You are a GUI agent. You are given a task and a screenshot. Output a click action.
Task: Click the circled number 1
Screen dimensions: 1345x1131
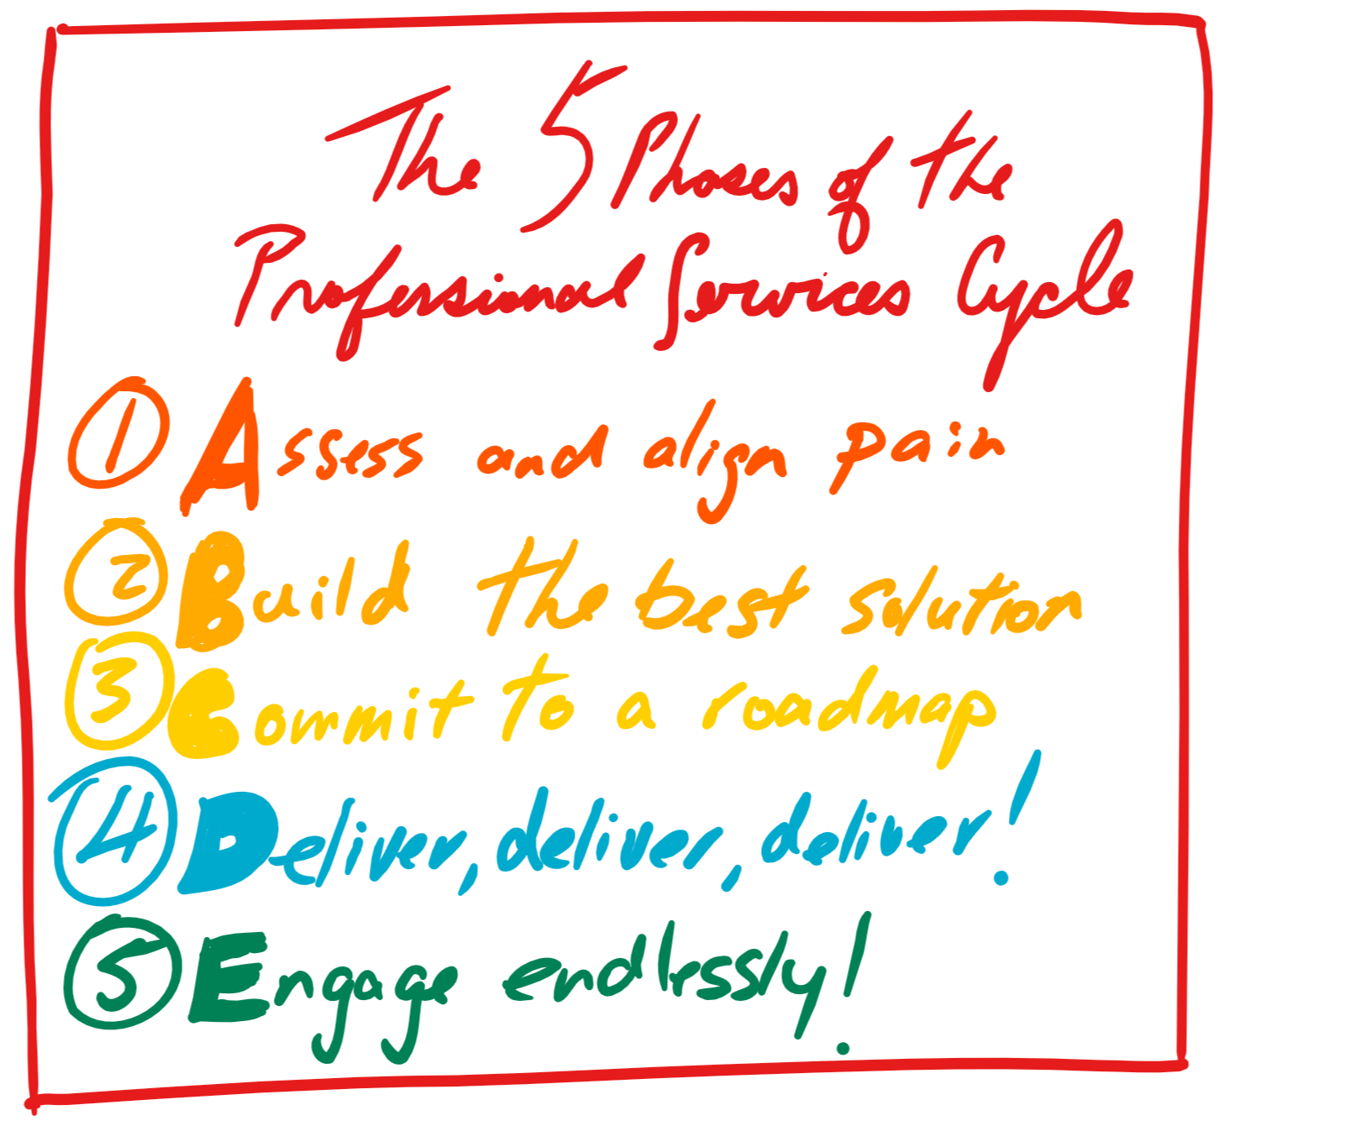click(x=117, y=433)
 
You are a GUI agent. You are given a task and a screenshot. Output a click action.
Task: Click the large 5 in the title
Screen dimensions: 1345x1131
click(x=571, y=147)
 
